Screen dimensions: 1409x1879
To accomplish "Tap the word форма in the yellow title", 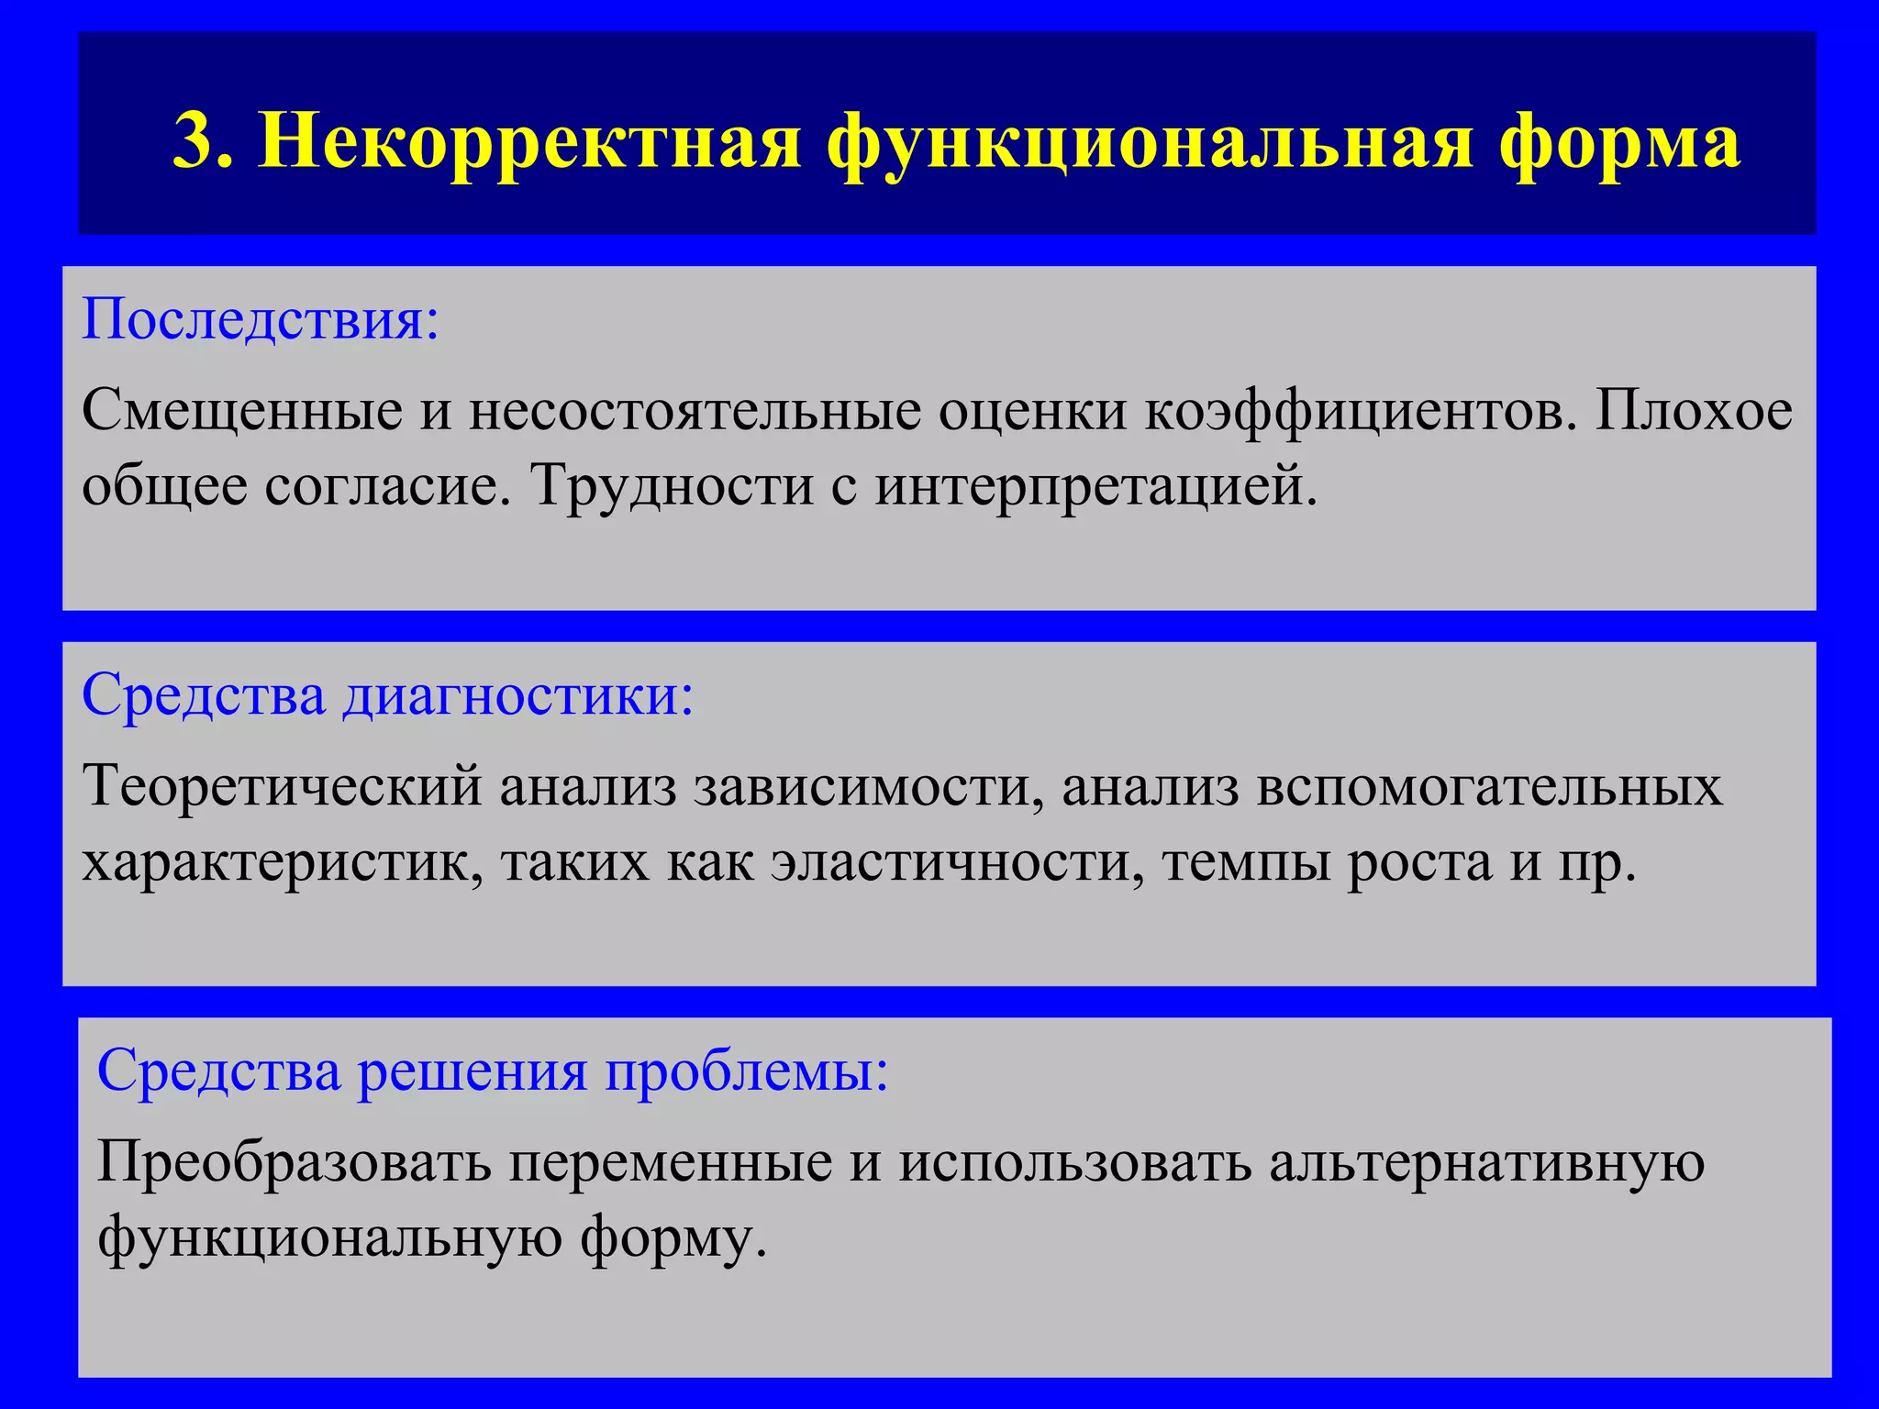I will click(x=1619, y=142).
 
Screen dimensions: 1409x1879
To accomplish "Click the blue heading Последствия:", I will click(x=261, y=319).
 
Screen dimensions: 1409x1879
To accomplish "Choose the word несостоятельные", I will click(x=695, y=410).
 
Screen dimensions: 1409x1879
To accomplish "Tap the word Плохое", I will click(x=1694, y=410).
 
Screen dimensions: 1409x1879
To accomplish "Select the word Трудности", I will click(x=672, y=485).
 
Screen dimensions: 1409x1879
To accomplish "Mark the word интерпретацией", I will click(x=1095, y=487).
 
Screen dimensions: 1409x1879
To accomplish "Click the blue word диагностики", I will click(x=518, y=695).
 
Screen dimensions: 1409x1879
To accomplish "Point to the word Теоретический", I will click(x=282, y=786).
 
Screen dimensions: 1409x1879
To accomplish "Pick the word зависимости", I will click(x=868, y=786).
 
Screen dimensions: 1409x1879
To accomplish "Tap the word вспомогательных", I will click(x=1489, y=786).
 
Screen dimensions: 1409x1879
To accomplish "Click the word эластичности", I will click(x=957, y=862).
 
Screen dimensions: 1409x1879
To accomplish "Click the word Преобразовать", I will click(x=294, y=1163).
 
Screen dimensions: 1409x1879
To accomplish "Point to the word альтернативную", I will click(x=1487, y=1163).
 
